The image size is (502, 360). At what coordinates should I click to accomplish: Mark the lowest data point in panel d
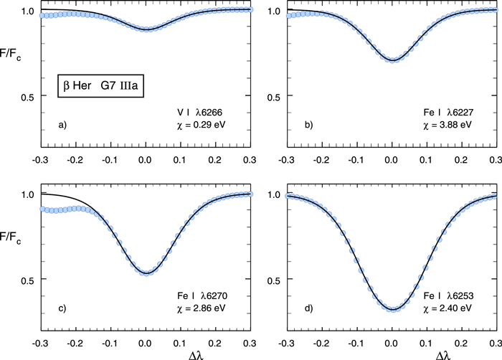point(392,309)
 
